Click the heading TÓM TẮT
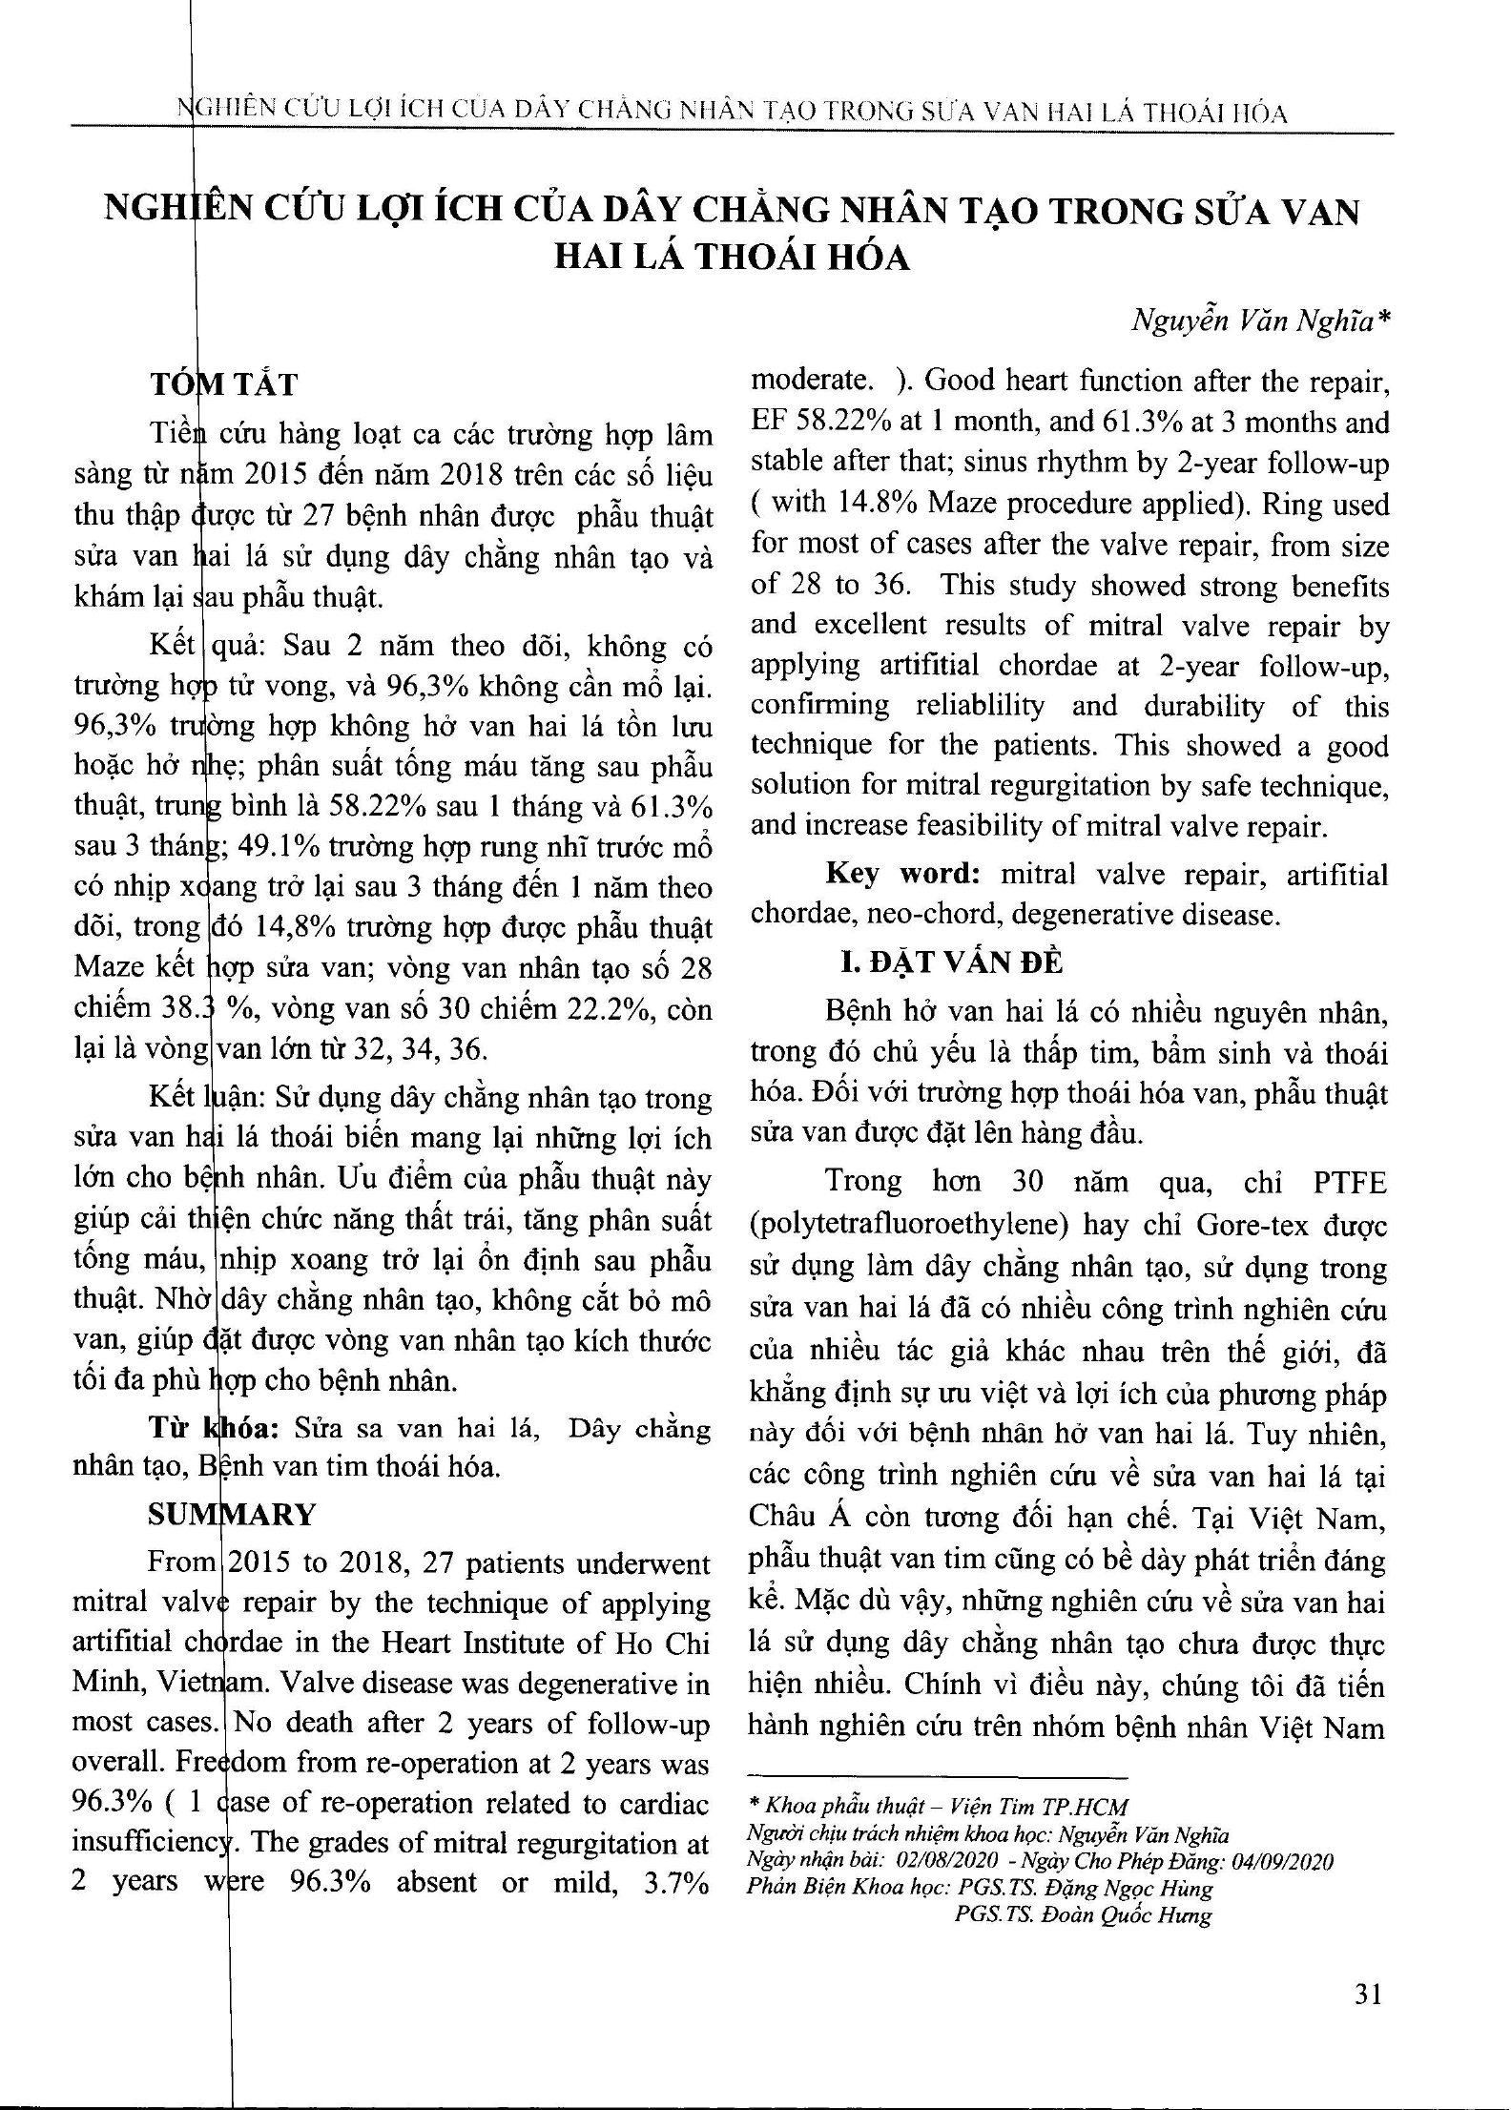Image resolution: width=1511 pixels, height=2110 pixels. (x=224, y=384)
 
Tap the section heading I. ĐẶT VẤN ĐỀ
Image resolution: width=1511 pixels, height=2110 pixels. (x=950, y=962)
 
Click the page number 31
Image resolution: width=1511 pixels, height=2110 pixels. (x=1368, y=1995)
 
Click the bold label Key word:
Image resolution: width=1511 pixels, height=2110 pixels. (x=903, y=874)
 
